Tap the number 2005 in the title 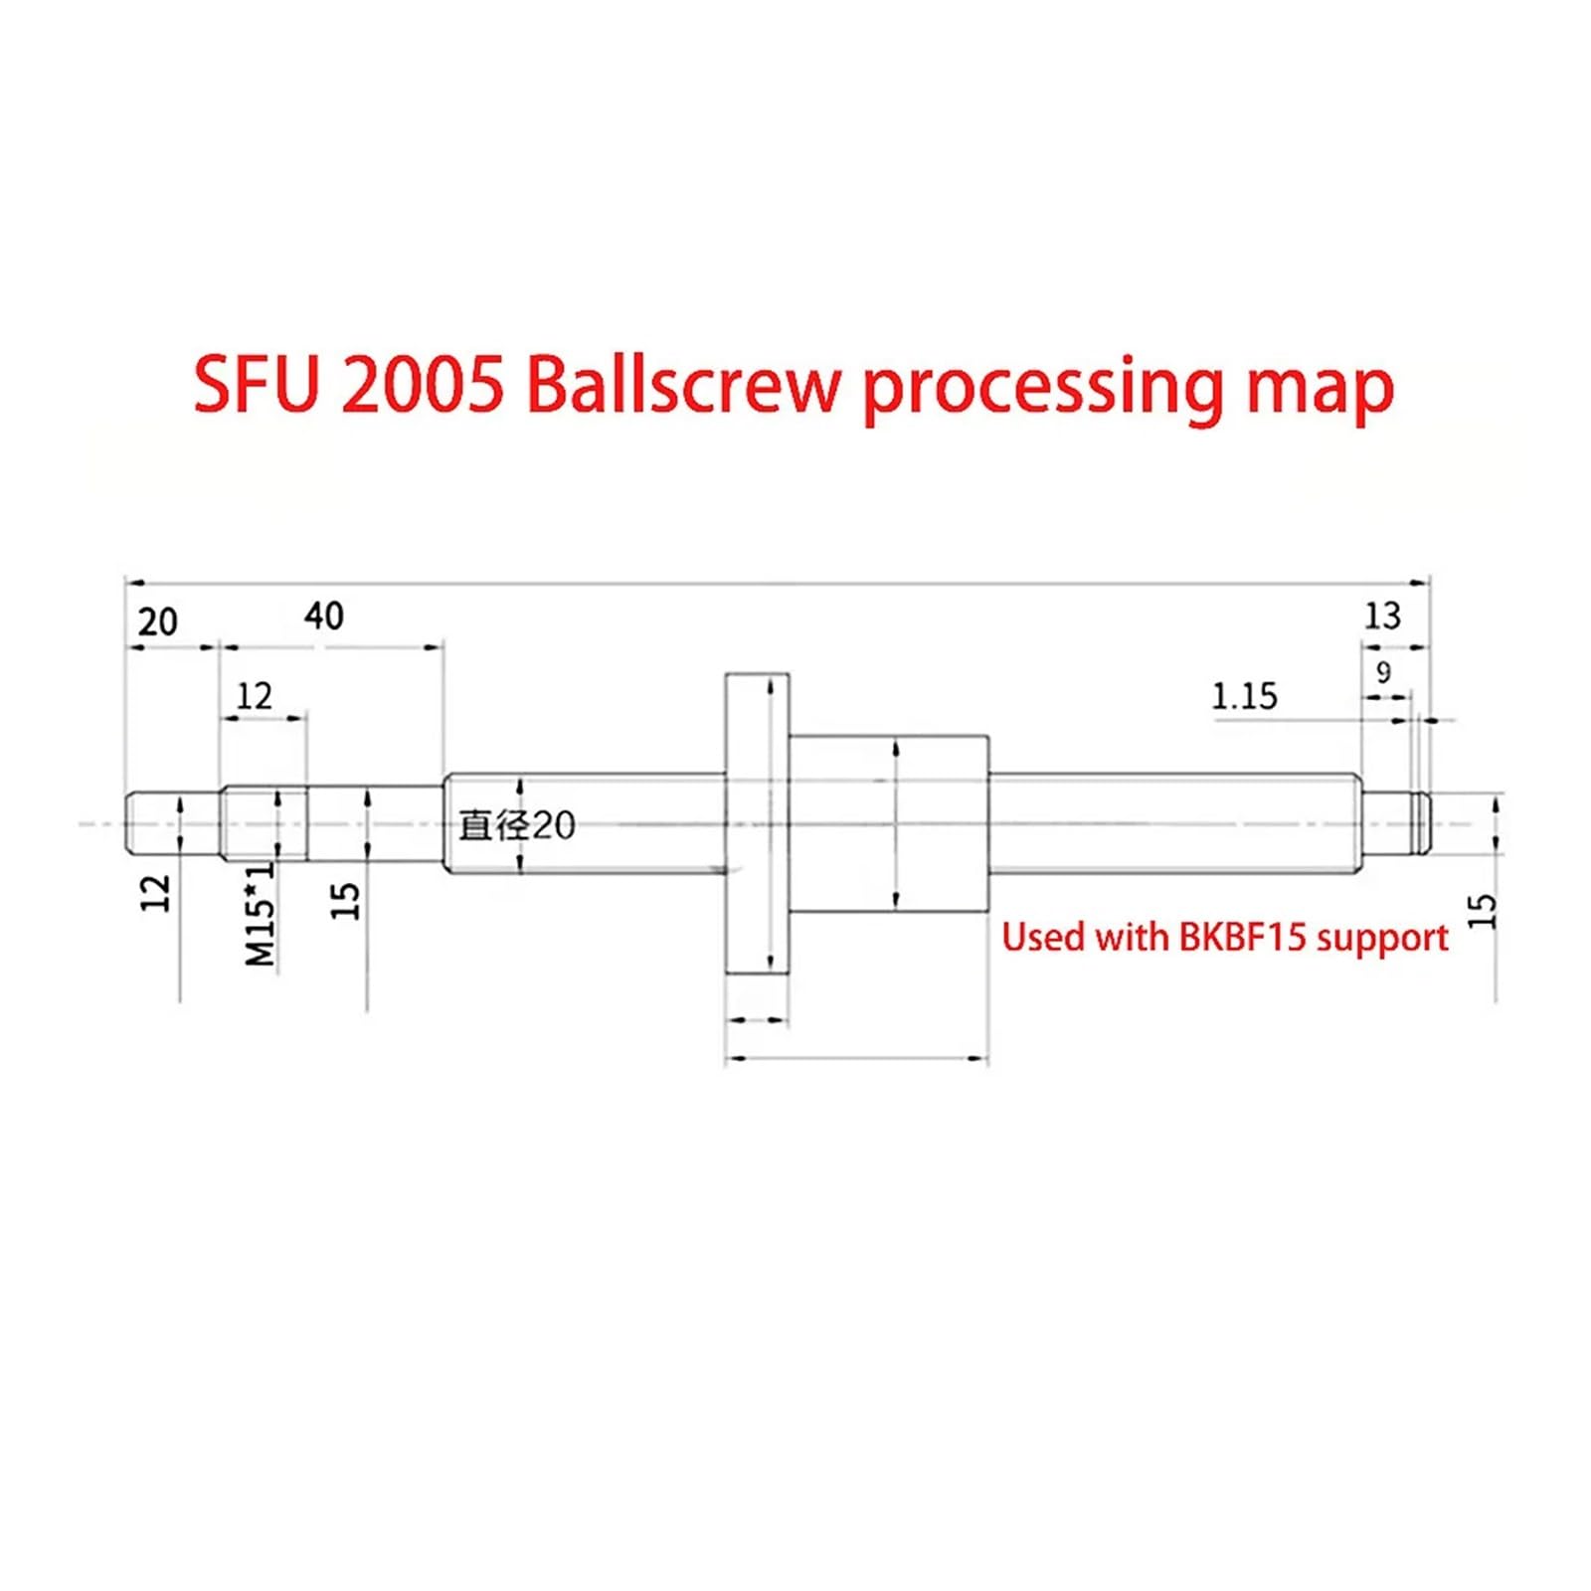(x=422, y=386)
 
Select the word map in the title (x=1320, y=390)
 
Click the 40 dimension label (x=323, y=616)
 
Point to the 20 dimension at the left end (x=157, y=621)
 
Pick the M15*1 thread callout (x=260, y=913)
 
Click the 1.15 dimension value (x=1244, y=696)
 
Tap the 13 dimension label (x=1382, y=616)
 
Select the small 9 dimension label (x=1383, y=672)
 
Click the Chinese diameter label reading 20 (x=517, y=825)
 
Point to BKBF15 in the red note (x=1242, y=937)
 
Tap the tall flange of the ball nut (x=757, y=823)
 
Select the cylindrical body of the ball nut (x=889, y=823)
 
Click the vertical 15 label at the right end (x=1482, y=911)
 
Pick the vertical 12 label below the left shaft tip (x=156, y=893)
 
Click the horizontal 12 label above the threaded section (x=254, y=696)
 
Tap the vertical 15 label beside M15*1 (x=344, y=901)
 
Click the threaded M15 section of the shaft (x=264, y=823)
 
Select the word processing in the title (x=1043, y=390)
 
